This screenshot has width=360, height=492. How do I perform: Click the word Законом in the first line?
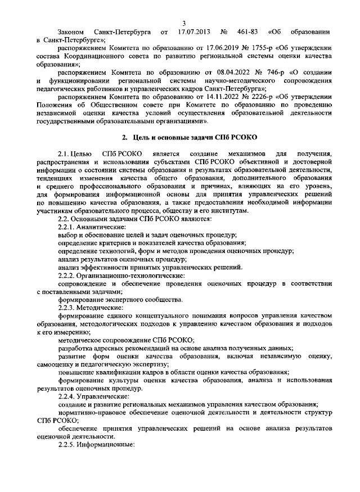pyautogui.click(x=71, y=32)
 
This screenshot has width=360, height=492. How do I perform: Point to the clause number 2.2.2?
pyautogui.click(x=68, y=276)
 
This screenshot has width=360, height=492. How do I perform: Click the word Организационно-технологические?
pyautogui.click(x=130, y=276)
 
